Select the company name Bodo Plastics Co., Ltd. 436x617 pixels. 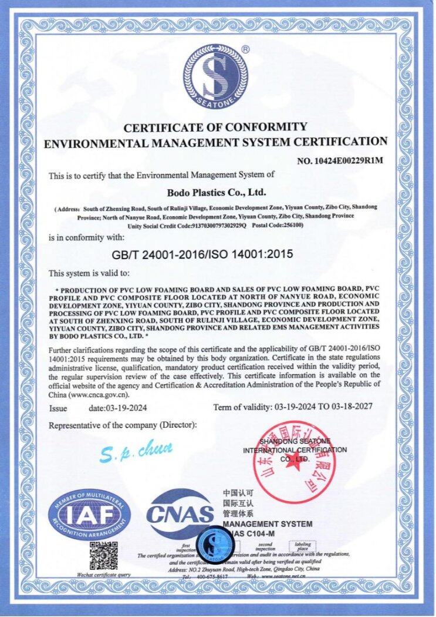pos(217,192)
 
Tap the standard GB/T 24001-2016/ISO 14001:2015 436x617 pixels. pos(201,254)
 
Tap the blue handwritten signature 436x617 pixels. pos(136,452)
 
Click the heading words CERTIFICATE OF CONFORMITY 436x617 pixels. pos(215,126)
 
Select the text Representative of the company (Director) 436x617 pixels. pos(123,424)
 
